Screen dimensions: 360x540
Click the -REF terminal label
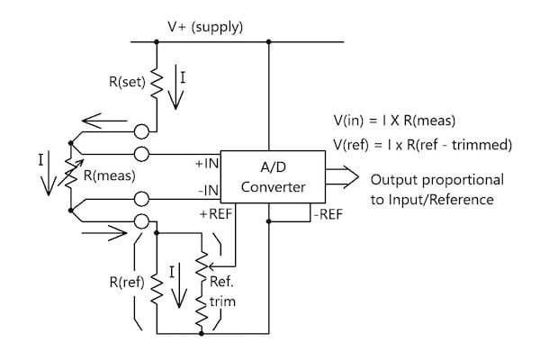tap(327, 214)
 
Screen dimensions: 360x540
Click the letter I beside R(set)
tap(184, 77)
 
